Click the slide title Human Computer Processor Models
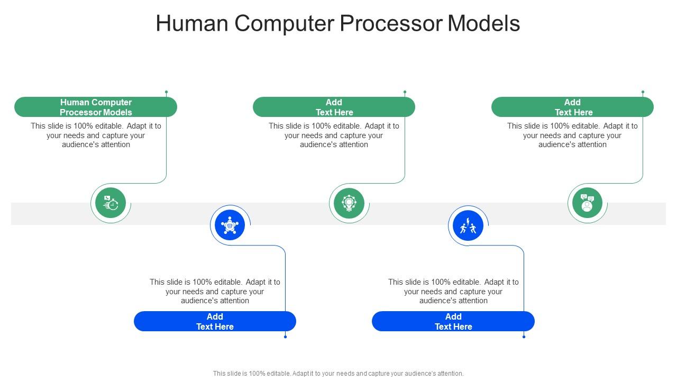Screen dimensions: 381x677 tap(337, 24)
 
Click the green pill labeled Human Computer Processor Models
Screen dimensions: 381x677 tap(96, 107)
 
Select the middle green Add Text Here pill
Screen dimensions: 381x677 tap(334, 107)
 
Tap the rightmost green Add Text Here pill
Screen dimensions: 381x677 tap(572, 107)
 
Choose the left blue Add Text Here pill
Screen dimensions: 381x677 tap(215, 321)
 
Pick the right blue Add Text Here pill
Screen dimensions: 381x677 tap(453, 321)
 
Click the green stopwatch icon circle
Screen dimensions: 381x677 tap(111, 203)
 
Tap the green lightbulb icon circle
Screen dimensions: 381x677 tap(349, 203)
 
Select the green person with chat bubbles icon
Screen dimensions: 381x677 tap(587, 203)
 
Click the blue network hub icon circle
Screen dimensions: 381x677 tap(230, 225)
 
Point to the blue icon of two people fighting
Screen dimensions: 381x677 tap(468, 225)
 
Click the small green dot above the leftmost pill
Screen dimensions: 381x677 tap(166, 92)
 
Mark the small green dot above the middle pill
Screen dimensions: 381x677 tap(405, 92)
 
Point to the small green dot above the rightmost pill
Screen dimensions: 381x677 tap(643, 92)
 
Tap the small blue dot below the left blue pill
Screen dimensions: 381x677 tap(286, 337)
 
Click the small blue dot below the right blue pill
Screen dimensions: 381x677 tap(524, 337)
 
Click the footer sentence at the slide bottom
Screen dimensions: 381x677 tap(338, 373)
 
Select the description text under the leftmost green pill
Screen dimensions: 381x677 tap(96, 135)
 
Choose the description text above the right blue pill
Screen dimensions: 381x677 tap(453, 292)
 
